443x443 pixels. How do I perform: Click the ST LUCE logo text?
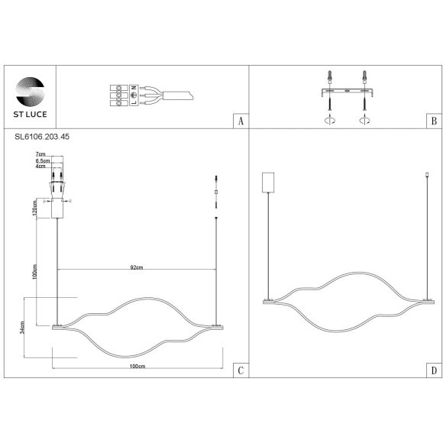tap(30, 114)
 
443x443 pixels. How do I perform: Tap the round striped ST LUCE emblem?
tap(30, 92)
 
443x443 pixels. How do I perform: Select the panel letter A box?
tap(241, 121)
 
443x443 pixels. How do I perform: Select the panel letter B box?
tap(434, 121)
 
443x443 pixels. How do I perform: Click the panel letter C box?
tap(241, 370)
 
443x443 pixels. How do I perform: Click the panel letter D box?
tap(434, 370)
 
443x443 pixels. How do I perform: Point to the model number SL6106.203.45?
tap(42, 137)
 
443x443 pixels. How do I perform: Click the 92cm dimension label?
tap(137, 267)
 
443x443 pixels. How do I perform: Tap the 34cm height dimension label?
tap(22, 328)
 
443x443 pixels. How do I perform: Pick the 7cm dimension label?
tap(40, 154)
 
